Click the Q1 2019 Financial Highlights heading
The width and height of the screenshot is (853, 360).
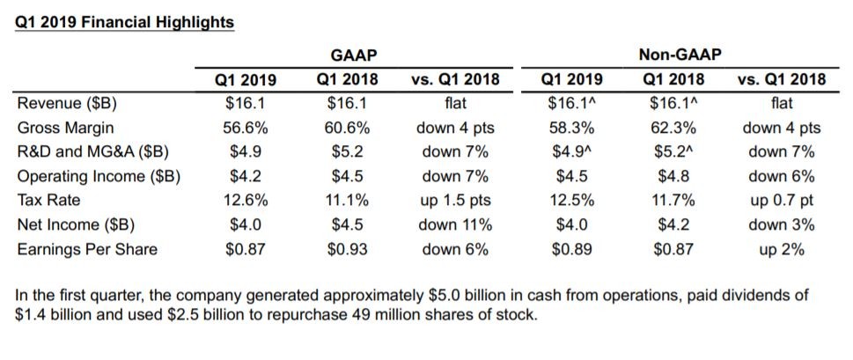[x=125, y=23]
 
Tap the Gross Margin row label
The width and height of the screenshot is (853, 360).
[x=63, y=128]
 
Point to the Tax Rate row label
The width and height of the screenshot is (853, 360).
[x=49, y=200]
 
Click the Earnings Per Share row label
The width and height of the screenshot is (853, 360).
[x=87, y=249]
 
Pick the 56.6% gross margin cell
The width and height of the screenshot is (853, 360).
[x=246, y=128]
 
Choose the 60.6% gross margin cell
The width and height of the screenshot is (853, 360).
[x=347, y=128]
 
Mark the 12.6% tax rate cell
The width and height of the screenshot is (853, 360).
[x=246, y=200]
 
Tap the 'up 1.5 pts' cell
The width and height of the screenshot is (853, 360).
[x=455, y=200]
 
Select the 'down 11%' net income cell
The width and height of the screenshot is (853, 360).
[x=455, y=224]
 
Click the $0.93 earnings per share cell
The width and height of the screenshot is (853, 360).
[x=347, y=249]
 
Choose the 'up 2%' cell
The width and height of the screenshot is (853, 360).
[x=781, y=249]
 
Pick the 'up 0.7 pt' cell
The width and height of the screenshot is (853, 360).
[x=781, y=200]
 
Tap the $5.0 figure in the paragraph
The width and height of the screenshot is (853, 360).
[x=484, y=296]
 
